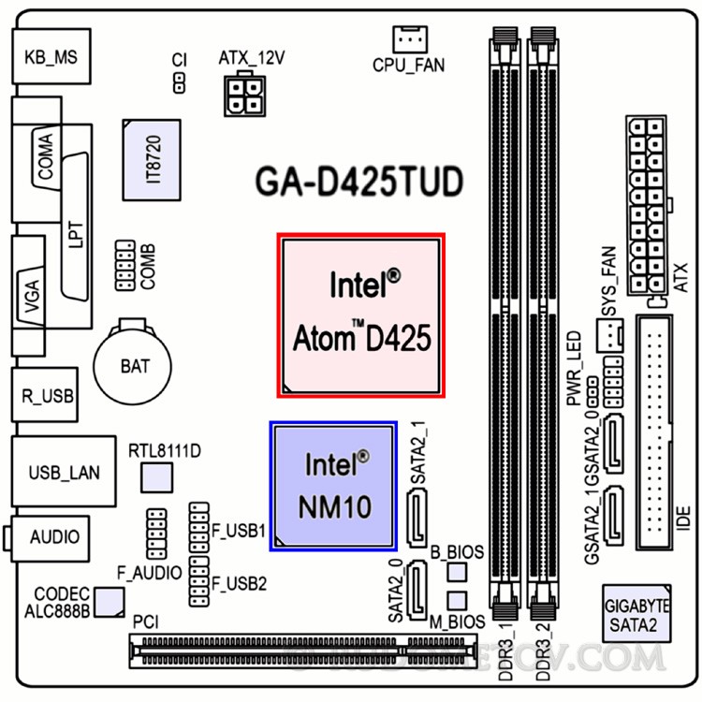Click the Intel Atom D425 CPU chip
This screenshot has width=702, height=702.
point(363,314)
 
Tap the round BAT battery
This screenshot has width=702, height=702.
point(135,364)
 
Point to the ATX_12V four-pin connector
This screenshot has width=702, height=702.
point(248,94)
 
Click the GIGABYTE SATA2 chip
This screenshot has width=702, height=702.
point(636,615)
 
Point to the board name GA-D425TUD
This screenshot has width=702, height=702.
point(359,183)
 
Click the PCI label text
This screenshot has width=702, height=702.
point(145,622)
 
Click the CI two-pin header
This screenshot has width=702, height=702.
point(180,83)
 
